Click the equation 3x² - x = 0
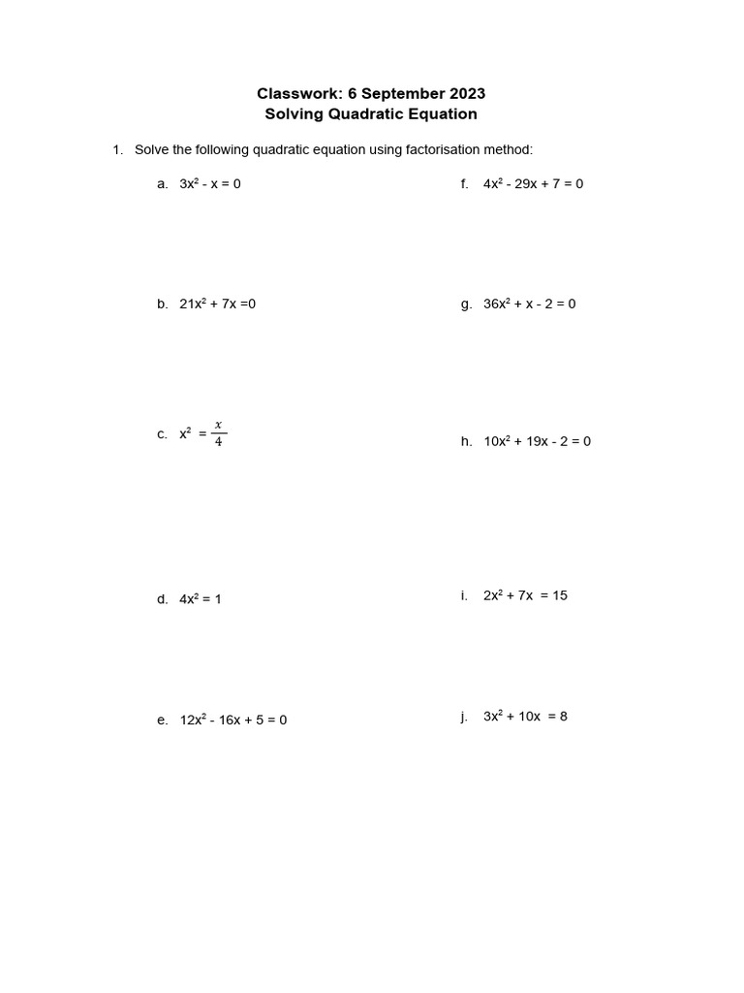(x=210, y=183)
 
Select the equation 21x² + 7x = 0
(x=218, y=304)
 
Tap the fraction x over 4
(x=218, y=434)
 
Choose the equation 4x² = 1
(x=201, y=599)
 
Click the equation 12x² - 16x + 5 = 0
(x=233, y=721)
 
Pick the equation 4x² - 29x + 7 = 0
(x=533, y=183)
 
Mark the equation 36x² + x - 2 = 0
(x=529, y=304)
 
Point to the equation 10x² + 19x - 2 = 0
(x=537, y=442)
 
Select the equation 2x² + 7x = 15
(x=525, y=595)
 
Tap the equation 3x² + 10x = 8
(x=525, y=717)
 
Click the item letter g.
(x=466, y=304)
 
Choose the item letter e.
(x=162, y=721)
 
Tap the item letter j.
(x=465, y=717)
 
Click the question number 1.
(x=117, y=150)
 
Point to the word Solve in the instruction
(x=151, y=150)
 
